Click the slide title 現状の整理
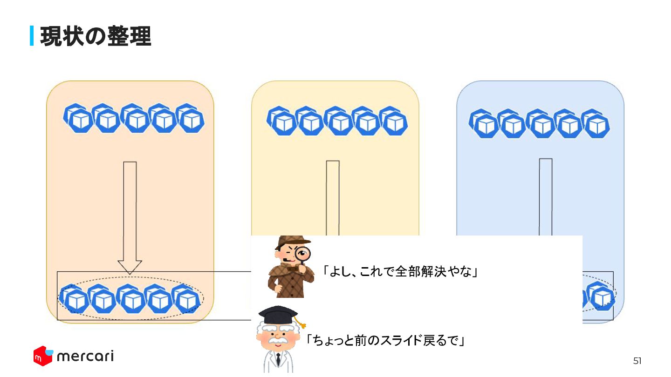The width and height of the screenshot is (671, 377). (96, 36)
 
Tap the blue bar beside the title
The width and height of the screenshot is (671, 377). (32, 36)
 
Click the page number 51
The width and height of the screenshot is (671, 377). (637, 361)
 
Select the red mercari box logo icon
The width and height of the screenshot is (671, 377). (42, 356)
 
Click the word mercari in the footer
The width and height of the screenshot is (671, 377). (85, 357)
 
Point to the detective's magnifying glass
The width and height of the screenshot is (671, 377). (303, 254)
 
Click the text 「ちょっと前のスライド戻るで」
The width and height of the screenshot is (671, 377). (385, 341)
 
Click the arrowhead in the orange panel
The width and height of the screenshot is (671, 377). (130, 267)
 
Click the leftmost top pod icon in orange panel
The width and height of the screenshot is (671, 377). (76, 118)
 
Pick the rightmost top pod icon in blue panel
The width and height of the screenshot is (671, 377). (596, 123)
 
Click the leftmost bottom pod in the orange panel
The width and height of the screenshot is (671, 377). (74, 299)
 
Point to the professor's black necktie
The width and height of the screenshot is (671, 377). (278, 359)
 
